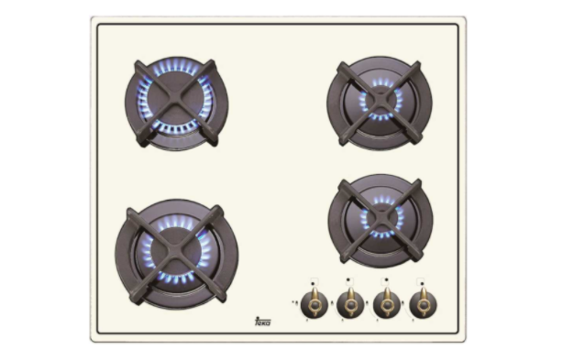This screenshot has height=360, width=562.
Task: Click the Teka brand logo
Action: [x=261, y=320]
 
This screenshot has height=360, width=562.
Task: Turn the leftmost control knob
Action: [x=314, y=302]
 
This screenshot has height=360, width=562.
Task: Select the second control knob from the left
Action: [x=350, y=302]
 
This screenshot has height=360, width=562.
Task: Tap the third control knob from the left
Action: [x=386, y=302]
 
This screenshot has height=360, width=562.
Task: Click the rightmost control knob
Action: [x=422, y=302]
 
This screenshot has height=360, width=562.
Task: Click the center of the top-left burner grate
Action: [x=176, y=104]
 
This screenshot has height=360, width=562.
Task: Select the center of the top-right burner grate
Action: [x=378, y=102]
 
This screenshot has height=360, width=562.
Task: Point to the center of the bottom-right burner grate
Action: [x=379, y=220]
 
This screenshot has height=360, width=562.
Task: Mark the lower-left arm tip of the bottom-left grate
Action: [x=132, y=296]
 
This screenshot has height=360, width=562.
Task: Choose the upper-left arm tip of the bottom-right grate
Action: [x=342, y=184]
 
